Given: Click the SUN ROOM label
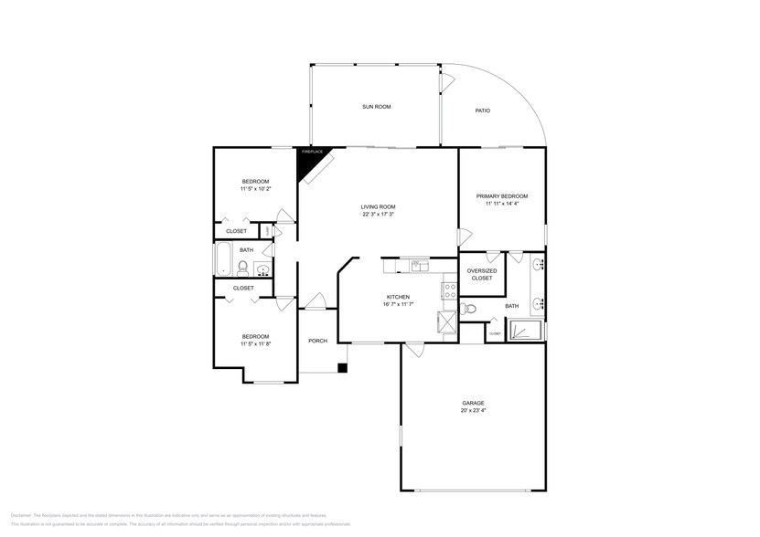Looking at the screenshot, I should [377, 107].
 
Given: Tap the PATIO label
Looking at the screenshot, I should [482, 111].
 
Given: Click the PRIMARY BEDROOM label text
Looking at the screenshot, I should [501, 196].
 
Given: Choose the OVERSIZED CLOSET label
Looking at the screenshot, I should [481, 274].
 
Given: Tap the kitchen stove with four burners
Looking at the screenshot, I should [450, 292].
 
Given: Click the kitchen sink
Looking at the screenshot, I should [418, 267].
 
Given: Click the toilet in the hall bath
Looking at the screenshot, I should [242, 268].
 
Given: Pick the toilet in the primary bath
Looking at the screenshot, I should [470, 310].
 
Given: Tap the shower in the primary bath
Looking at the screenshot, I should [525, 329].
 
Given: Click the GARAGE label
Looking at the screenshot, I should [473, 403].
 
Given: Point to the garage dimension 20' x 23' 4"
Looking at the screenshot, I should [473, 411].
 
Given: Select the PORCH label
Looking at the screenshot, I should [317, 341].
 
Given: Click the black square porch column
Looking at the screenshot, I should [342, 368].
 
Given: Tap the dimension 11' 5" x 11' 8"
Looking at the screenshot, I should [255, 344].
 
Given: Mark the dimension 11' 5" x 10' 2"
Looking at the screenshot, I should [255, 189].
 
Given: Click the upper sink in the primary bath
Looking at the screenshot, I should [539, 266].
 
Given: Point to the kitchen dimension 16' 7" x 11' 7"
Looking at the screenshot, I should [398, 304].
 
